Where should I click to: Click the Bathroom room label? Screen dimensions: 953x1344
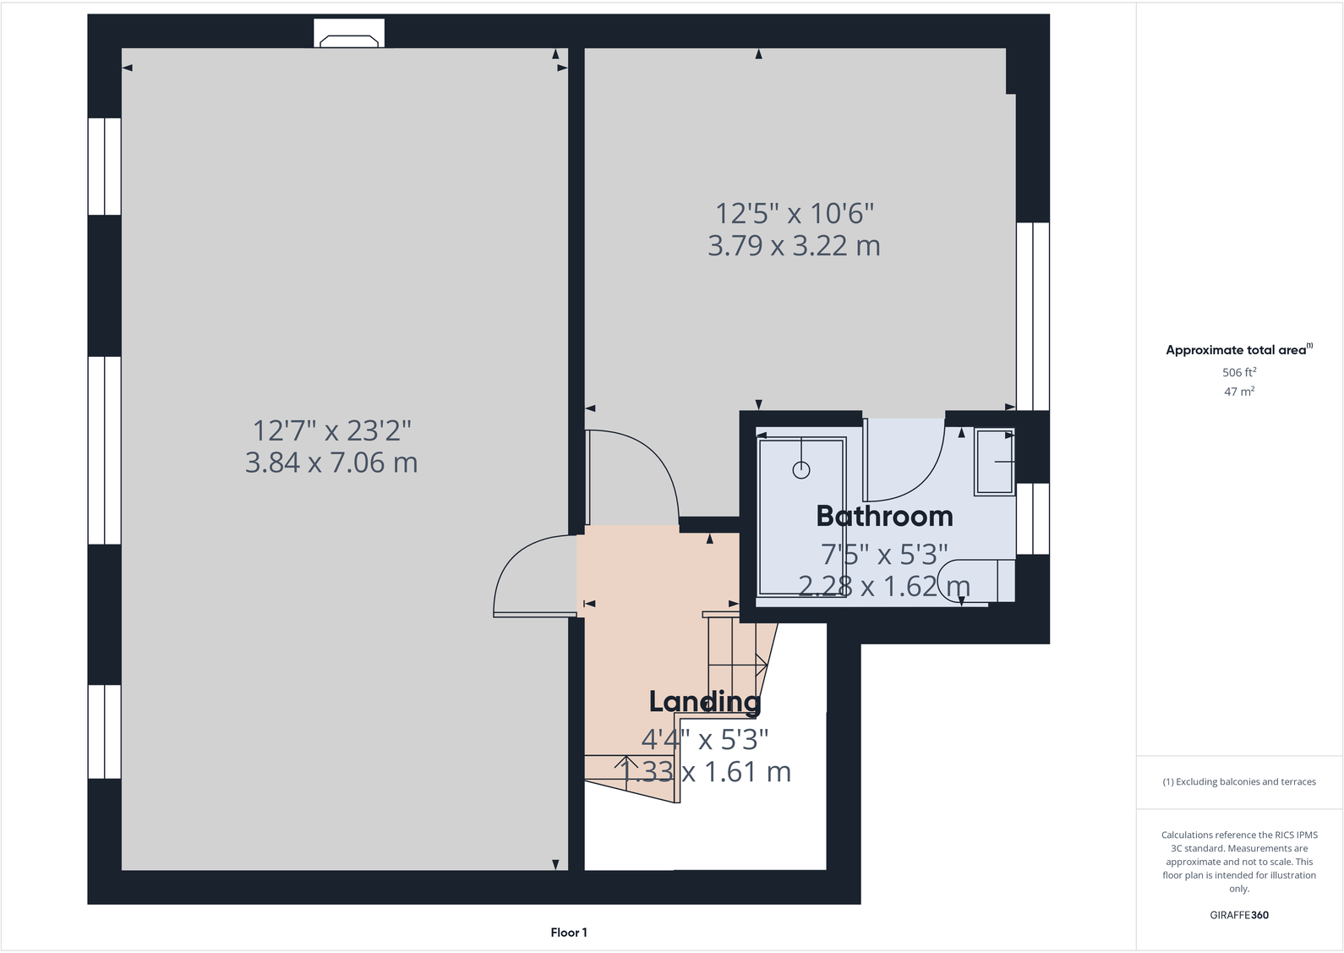click(884, 516)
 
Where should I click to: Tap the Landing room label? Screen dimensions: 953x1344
click(704, 701)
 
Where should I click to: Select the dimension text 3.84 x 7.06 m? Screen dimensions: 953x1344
click(331, 463)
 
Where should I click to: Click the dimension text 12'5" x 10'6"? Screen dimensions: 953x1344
click(794, 213)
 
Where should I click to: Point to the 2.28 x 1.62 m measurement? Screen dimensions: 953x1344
click(884, 586)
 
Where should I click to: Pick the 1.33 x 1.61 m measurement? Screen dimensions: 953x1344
click(706, 772)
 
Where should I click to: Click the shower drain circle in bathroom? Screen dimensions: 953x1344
click(801, 470)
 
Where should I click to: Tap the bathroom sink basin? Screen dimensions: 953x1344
click(994, 462)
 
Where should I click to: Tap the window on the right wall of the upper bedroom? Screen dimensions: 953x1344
click(1032, 316)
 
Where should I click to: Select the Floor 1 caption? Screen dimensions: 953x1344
click(568, 933)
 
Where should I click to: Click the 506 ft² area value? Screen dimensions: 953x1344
click(1238, 372)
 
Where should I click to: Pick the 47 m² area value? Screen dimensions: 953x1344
click(1238, 392)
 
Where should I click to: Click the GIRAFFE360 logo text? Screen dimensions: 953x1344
click(1238, 915)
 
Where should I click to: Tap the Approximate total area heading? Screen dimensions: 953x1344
click(1236, 350)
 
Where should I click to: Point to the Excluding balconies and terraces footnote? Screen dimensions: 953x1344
click(1238, 782)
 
